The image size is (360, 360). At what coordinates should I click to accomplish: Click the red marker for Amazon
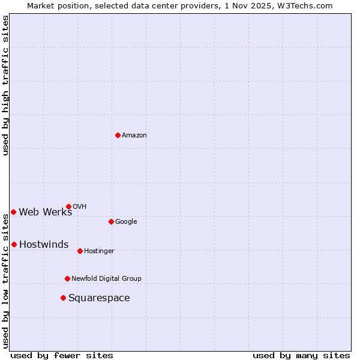click(118, 135)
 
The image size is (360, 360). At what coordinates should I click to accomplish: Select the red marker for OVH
click(68, 206)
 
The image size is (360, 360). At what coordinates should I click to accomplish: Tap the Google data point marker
click(111, 221)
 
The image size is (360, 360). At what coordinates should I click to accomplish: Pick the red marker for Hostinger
click(80, 251)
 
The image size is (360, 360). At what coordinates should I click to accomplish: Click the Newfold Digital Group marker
click(67, 278)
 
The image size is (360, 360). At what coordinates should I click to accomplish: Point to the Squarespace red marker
click(63, 298)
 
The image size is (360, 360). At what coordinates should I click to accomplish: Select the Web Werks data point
click(13, 212)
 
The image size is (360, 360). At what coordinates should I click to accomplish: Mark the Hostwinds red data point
click(14, 244)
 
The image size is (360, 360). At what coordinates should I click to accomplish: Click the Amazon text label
click(134, 136)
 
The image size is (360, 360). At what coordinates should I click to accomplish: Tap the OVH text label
click(80, 207)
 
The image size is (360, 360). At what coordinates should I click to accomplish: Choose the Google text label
click(126, 222)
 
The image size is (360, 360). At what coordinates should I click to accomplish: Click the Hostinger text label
click(99, 251)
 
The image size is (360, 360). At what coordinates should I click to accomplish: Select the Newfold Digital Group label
click(106, 279)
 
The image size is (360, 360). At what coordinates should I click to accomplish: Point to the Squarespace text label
click(99, 298)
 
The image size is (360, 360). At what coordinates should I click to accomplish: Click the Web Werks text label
click(46, 212)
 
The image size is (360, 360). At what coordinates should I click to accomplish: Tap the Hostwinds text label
click(44, 245)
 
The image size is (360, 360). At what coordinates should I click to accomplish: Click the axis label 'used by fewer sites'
click(62, 355)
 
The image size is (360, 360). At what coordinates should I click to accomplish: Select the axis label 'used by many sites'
click(301, 355)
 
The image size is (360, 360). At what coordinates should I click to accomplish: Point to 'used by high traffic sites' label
click(5, 85)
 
